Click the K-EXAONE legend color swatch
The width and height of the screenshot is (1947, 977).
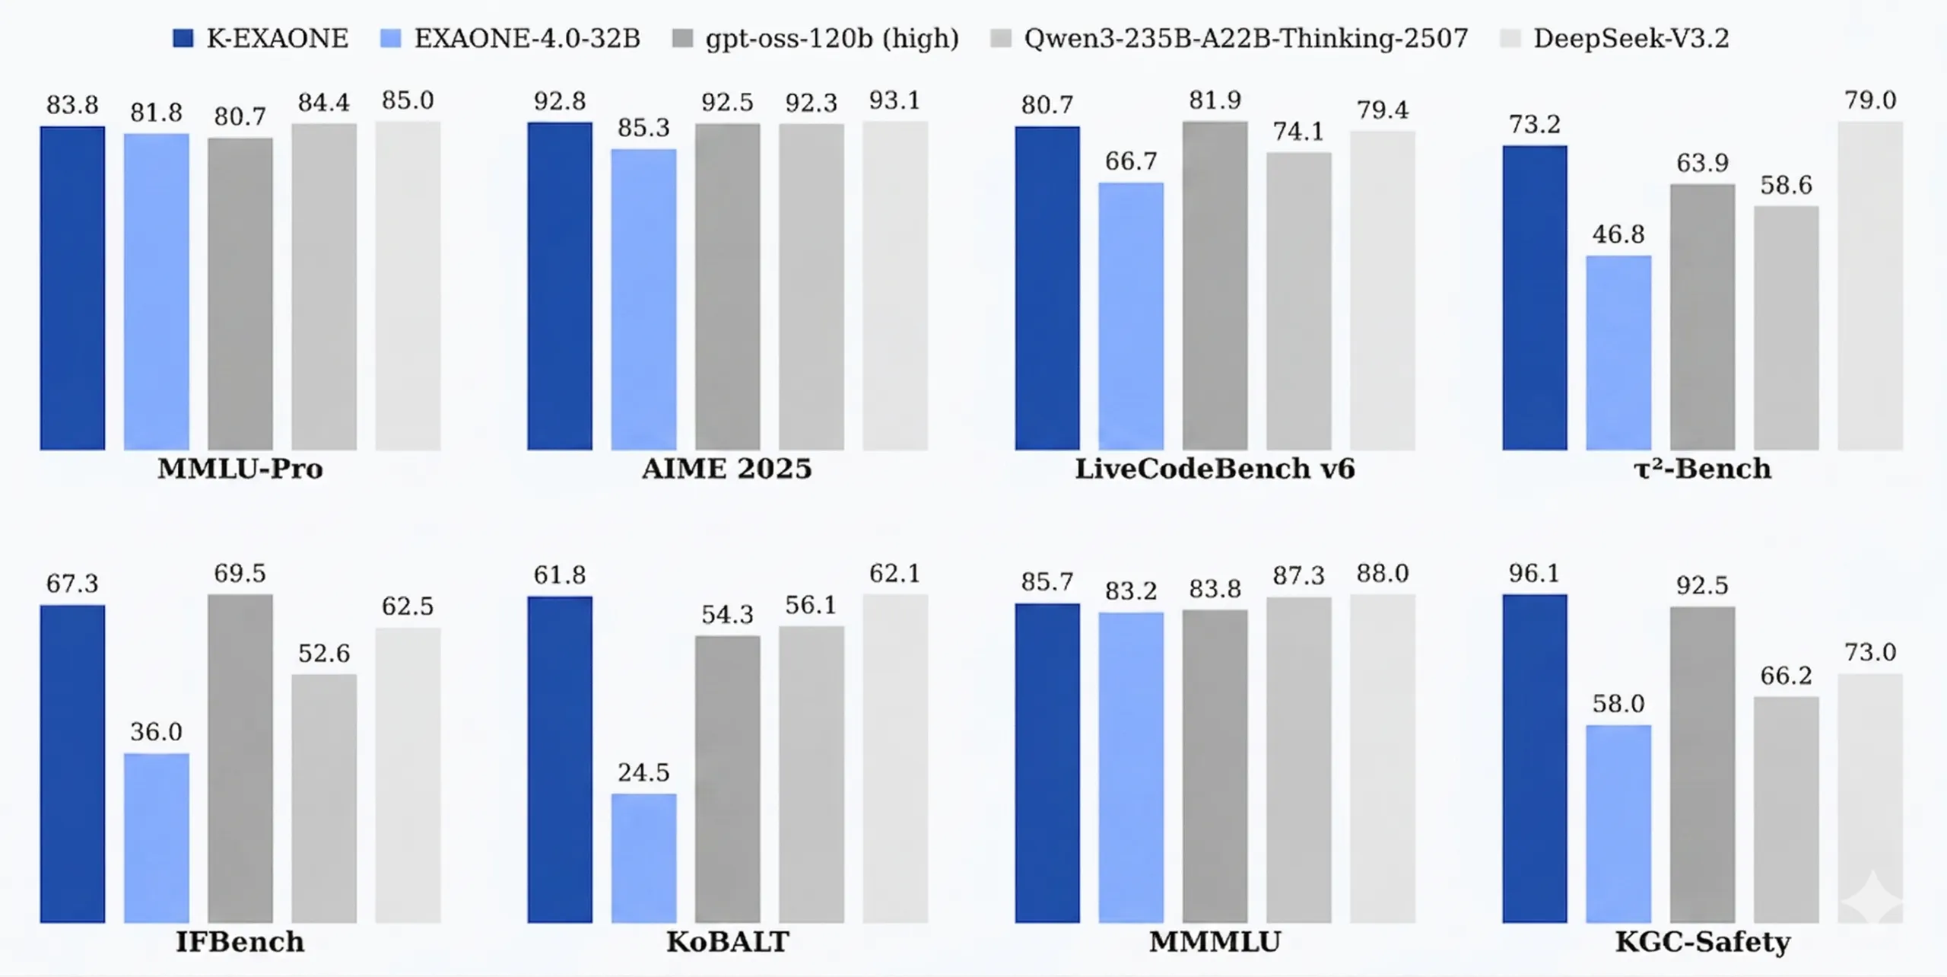point(183,38)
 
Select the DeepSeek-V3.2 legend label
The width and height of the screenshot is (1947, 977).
point(1631,38)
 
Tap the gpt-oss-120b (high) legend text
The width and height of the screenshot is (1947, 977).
point(832,39)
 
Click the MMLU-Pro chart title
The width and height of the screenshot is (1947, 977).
point(240,469)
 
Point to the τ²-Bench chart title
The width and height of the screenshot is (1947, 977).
point(1702,468)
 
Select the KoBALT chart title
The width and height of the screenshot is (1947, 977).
point(728,942)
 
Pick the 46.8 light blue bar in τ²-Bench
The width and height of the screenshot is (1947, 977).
point(1618,353)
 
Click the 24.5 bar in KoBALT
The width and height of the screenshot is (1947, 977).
point(643,858)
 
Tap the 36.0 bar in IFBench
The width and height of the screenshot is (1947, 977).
point(157,839)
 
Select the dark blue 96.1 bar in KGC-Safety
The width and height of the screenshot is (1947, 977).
point(1535,759)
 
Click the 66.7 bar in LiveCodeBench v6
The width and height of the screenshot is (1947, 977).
point(1131,317)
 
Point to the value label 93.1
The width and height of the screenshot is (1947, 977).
point(894,100)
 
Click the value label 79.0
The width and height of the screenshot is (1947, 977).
point(1870,100)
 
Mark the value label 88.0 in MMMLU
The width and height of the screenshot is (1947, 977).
point(1383,573)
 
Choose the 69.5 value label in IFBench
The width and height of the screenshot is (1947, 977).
point(240,573)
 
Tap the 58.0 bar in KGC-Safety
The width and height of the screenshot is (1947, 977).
point(1618,824)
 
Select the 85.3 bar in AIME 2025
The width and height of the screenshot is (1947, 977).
point(643,300)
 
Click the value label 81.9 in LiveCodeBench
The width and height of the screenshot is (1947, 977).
point(1215,100)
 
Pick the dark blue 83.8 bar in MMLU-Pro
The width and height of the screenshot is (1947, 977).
point(72,288)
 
